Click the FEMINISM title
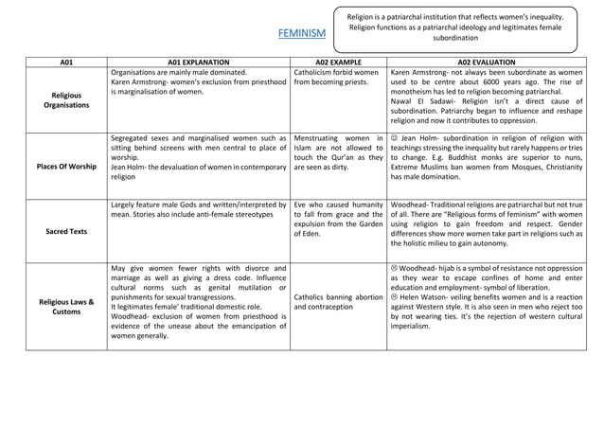pyautogui.click(x=302, y=33)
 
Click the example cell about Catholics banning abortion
pyautogui.click(x=338, y=302)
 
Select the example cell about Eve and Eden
pyautogui.click(x=338, y=220)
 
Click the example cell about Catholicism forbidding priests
pyautogui.click(x=338, y=78)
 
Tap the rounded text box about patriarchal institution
pyautogui.click(x=468, y=27)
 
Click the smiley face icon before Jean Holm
pyautogui.click(x=395, y=139)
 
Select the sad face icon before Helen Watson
pyautogui.click(x=395, y=295)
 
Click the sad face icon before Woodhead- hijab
pyautogui.click(x=395, y=269)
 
